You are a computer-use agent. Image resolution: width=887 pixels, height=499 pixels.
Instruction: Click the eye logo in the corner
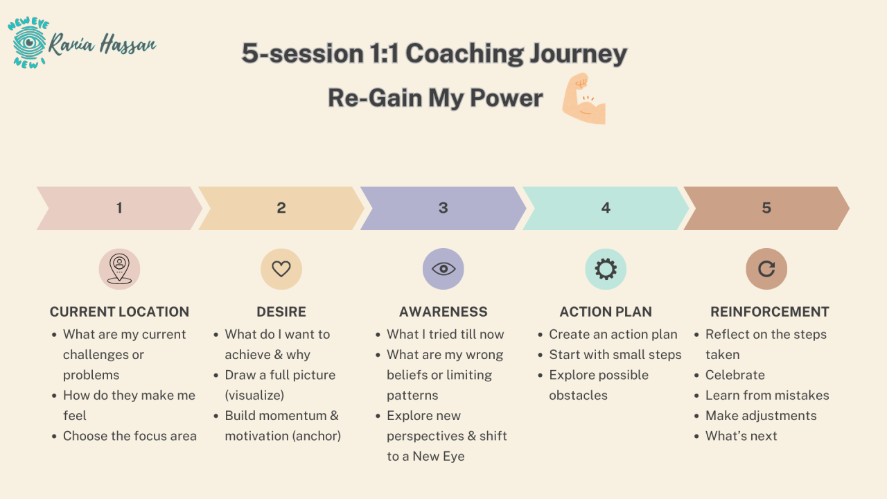point(28,43)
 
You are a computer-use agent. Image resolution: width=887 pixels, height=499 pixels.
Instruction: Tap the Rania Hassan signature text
point(102,44)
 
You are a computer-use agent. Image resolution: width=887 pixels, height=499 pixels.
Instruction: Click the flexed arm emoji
point(584,98)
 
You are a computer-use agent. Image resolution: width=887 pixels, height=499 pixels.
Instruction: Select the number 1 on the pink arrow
point(119,208)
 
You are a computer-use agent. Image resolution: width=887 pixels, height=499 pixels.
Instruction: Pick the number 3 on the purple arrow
point(443,208)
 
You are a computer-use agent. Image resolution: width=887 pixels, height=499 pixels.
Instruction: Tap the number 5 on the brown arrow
point(766,208)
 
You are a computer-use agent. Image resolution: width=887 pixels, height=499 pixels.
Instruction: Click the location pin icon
point(119,269)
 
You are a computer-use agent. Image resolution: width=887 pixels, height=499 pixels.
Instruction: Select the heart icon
point(281,269)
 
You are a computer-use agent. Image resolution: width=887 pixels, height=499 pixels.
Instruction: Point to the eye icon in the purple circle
point(443,269)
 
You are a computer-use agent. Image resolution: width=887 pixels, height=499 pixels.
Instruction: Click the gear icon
point(606,269)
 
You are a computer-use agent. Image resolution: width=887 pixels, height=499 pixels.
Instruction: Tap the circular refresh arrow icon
point(766,269)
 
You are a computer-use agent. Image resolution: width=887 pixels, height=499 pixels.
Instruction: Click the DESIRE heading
point(281,312)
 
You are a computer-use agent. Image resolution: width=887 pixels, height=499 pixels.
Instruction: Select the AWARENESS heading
point(443,312)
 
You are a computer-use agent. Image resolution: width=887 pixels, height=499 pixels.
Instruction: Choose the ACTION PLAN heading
point(606,312)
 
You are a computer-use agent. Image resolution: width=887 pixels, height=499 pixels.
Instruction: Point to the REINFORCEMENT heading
point(769,312)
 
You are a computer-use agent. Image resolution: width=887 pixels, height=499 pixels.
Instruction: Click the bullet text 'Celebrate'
point(735,375)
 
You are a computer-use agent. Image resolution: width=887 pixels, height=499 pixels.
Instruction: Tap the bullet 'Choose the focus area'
point(130,436)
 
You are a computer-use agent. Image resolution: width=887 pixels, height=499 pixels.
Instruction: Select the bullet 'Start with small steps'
point(615,354)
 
